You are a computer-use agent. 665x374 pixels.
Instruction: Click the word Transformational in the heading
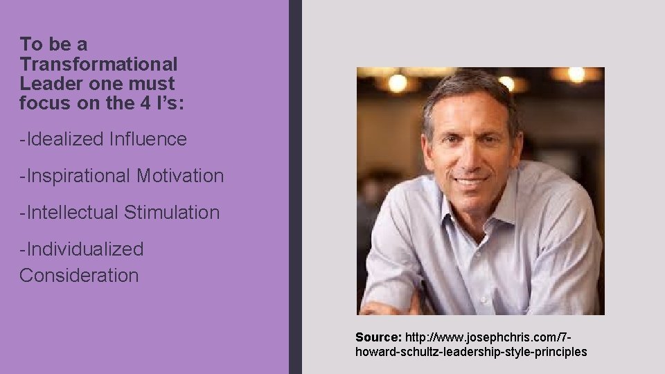98,64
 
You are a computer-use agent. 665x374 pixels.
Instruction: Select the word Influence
148,139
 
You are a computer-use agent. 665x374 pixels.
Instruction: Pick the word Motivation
180,176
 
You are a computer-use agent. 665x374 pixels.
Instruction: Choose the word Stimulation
172,213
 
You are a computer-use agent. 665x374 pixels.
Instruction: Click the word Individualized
84,249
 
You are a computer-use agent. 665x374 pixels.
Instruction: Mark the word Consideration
79,276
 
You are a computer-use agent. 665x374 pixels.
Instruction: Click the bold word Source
378,337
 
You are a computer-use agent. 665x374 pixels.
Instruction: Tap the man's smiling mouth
472,181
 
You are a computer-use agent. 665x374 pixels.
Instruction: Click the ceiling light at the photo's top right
576,74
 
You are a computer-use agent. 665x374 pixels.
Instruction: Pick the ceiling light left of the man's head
397,83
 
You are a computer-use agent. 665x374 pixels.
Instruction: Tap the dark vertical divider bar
295,187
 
